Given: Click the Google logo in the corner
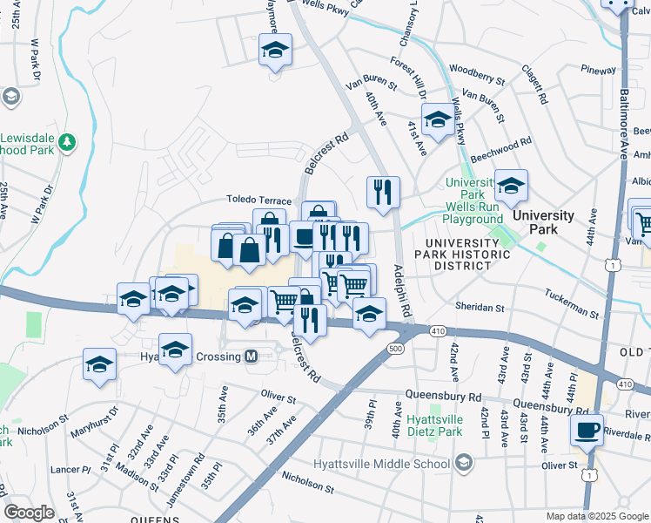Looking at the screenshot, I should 29,513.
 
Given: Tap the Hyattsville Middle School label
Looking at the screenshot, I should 389,462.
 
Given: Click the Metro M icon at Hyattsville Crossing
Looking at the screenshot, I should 252,357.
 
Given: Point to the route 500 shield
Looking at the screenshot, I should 395,349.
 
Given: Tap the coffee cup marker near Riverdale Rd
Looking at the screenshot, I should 587,431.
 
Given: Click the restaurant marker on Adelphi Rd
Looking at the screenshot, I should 383,193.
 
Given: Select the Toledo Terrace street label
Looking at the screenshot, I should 258,200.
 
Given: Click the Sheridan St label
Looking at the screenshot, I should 480,308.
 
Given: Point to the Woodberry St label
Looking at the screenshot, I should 478,73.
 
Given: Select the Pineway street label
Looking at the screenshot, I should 598,70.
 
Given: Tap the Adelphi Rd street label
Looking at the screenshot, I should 401,289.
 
